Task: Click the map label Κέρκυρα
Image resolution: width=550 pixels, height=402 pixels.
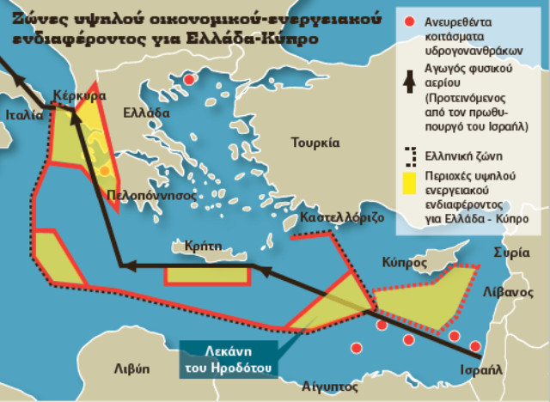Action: point(79,95)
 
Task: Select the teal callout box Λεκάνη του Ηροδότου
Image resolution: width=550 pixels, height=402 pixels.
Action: point(229,360)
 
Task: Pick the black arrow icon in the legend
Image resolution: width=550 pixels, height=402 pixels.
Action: point(411,79)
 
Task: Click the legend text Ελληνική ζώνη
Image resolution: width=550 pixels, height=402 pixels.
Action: point(465,155)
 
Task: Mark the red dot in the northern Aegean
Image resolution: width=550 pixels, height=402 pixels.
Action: point(189,81)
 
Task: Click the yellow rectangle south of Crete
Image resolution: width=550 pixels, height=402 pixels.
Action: point(207,276)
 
